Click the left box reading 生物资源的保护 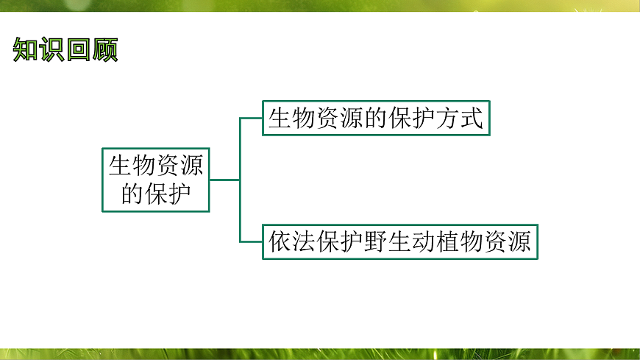tap(155, 180)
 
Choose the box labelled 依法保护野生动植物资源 tap(400, 241)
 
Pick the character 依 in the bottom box tap(281, 242)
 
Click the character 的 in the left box tap(132, 194)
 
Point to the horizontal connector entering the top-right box tap(251, 117)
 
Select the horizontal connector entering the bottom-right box tap(251, 241)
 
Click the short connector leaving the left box tap(224, 179)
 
